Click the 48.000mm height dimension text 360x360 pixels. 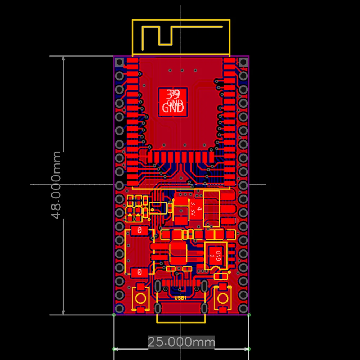tap(57, 185)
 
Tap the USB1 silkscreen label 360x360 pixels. tap(180, 298)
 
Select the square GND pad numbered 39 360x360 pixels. tap(173, 102)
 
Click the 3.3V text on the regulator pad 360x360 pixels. tap(193, 209)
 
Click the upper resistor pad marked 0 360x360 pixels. tap(139, 230)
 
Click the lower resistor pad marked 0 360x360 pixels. tap(139, 272)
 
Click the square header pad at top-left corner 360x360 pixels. tap(120, 62)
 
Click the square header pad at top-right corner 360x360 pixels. tap(243, 62)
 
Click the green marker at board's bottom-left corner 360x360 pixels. tap(114, 315)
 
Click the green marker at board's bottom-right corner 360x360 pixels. tap(249, 315)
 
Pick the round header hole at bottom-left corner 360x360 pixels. tap(120, 309)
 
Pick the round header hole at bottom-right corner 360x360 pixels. tap(243, 309)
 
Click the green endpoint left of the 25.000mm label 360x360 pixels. tap(114, 349)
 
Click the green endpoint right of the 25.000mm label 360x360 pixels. tap(249, 349)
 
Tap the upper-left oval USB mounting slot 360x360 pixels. tap(158, 287)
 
